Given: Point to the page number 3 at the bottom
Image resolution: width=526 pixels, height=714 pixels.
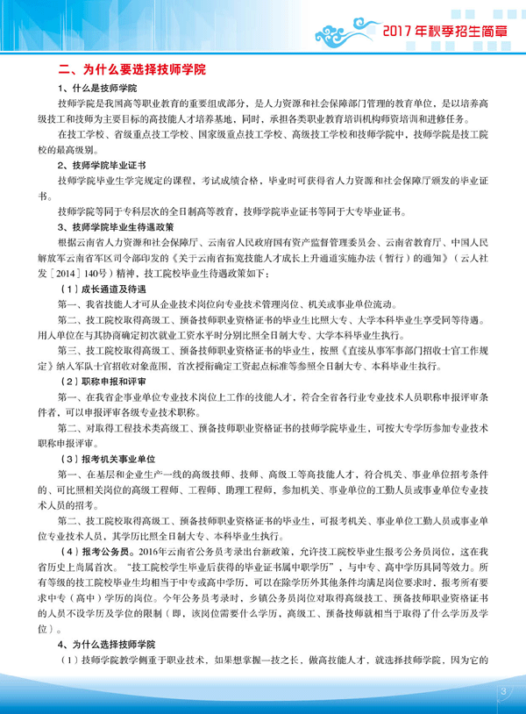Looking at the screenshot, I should click(504, 694).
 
